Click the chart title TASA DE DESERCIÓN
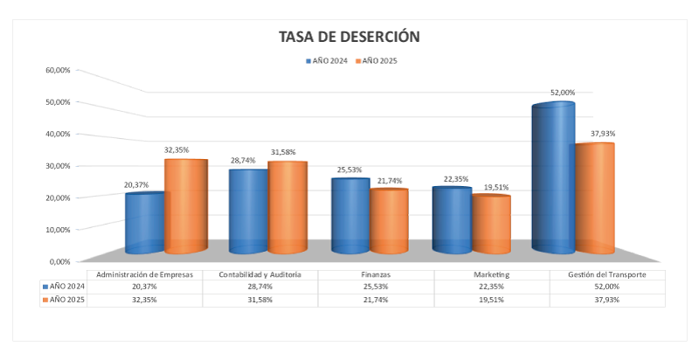pyautogui.click(x=349, y=37)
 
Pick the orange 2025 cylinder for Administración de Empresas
pyautogui.click(x=185, y=206)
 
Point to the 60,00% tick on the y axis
pyautogui.click(x=58, y=70)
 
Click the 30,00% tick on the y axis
pyautogui.click(x=58, y=166)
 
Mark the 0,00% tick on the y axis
pyautogui.click(x=59, y=261)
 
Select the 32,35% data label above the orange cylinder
pyautogui.click(x=177, y=150)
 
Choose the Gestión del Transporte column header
pyautogui.click(x=606, y=274)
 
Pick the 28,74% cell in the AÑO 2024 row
pyautogui.click(x=259, y=287)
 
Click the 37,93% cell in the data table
pyautogui.click(x=606, y=300)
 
